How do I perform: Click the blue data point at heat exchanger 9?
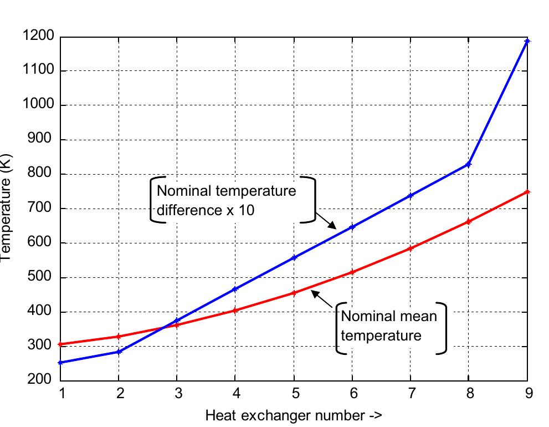(527, 41)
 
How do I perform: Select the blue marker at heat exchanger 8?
(468, 165)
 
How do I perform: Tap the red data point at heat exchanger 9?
(527, 192)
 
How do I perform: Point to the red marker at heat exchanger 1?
(60, 344)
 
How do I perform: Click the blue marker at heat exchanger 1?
(60, 363)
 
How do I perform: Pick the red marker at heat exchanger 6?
(352, 272)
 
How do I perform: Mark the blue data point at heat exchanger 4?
(235, 289)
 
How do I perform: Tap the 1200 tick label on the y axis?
(38, 37)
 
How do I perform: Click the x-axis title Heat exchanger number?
(294, 415)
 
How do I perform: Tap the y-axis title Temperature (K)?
(7, 209)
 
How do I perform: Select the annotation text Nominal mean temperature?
(389, 326)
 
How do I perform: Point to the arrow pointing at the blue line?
(326, 220)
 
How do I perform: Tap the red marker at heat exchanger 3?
(177, 324)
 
